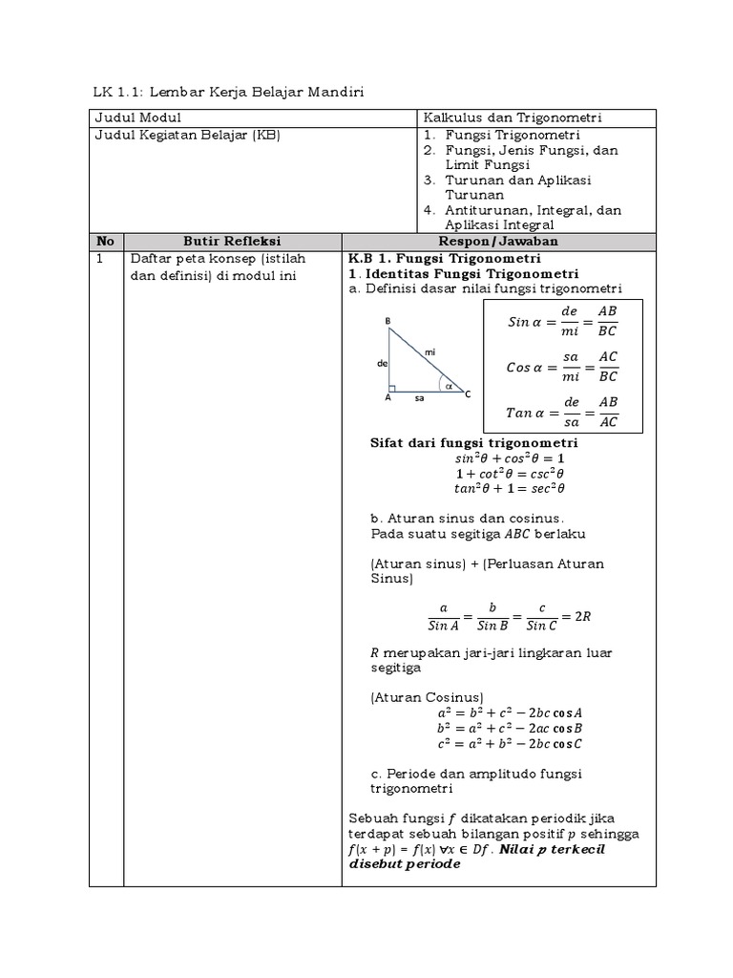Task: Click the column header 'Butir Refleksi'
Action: pyautogui.click(x=232, y=242)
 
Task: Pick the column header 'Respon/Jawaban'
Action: pyautogui.click(x=498, y=242)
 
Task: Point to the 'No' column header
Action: pyautogui.click(x=106, y=242)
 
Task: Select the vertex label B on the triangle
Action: pyautogui.click(x=387, y=321)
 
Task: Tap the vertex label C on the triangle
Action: pyautogui.click(x=468, y=393)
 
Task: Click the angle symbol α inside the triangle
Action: pyautogui.click(x=447, y=387)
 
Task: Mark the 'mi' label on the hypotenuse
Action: pyautogui.click(x=430, y=352)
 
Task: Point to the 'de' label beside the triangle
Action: pyautogui.click(x=382, y=364)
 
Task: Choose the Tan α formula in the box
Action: pyautogui.click(x=562, y=413)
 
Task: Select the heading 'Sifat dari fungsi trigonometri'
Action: pyautogui.click(x=473, y=443)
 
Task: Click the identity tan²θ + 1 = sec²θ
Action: pyautogui.click(x=511, y=488)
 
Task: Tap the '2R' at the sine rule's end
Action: pyautogui.click(x=583, y=616)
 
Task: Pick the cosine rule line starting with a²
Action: pyautogui.click(x=510, y=712)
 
